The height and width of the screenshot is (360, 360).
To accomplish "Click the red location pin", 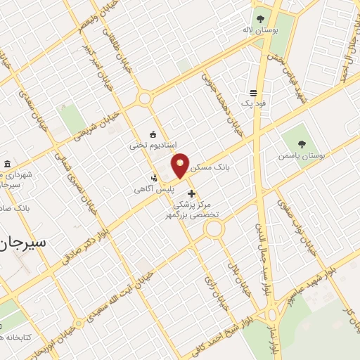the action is click(x=181, y=165).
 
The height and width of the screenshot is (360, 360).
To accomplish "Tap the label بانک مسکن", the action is click(x=212, y=168).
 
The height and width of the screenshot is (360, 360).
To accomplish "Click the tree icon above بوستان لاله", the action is click(x=260, y=19).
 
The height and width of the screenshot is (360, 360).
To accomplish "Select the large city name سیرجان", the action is click(x=24, y=243).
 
